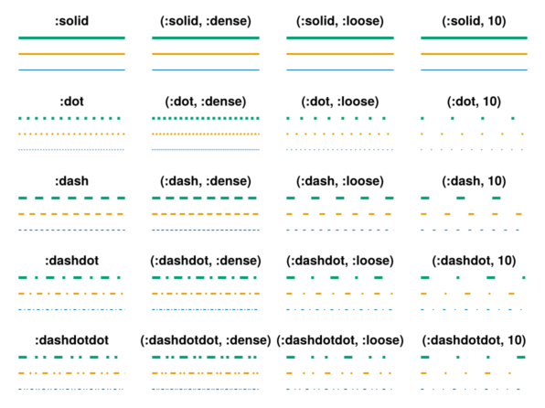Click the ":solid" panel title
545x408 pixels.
[x=71, y=21]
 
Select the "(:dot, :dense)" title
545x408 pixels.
[x=206, y=102]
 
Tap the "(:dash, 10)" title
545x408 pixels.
[x=474, y=181]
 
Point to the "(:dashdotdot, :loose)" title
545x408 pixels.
[x=340, y=339]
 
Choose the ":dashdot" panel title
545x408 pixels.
[x=71, y=260]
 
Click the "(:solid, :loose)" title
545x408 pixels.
[x=340, y=21]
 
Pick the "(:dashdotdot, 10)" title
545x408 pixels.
[x=474, y=339]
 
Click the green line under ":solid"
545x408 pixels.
[x=71, y=38]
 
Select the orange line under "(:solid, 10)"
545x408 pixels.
[x=474, y=54]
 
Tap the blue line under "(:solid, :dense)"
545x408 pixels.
[x=206, y=70]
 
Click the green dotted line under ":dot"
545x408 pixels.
[x=69, y=118]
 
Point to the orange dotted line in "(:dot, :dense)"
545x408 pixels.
[x=206, y=134]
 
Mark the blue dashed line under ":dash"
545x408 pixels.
[x=71, y=230]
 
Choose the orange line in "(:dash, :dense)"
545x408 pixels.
[x=205, y=214]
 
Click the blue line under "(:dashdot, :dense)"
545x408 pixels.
[x=206, y=309]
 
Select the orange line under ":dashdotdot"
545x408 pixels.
[x=71, y=373]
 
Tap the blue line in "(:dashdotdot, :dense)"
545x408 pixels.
[x=206, y=389]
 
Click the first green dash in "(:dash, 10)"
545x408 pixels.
[x=424, y=198]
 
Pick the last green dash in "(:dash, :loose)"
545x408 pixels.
[x=390, y=198]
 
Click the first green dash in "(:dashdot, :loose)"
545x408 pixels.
[x=291, y=277]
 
